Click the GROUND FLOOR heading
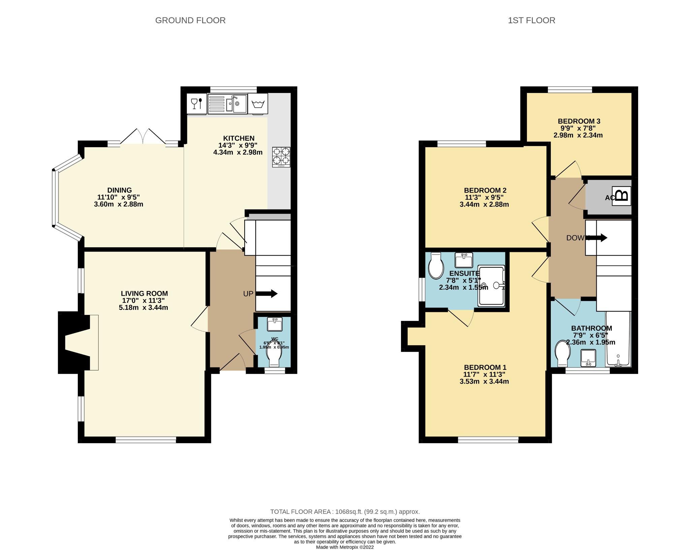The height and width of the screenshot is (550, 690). point(190,20)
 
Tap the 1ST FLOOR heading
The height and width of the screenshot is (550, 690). point(531,20)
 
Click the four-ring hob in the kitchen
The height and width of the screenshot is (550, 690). point(281,157)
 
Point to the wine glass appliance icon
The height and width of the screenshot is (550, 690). point(196,103)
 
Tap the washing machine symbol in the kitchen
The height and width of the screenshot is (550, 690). point(258,104)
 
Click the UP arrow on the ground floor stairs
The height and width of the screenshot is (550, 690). point(267,294)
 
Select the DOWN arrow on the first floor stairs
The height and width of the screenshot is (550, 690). point(598,238)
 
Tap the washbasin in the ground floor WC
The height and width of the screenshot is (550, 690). point(275,325)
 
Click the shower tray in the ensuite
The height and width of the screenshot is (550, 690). point(492,286)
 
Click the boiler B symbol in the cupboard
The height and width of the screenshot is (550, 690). point(622,196)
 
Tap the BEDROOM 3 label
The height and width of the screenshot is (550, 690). point(579,121)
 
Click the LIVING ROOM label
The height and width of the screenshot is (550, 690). point(144,293)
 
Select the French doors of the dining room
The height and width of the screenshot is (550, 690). point(143,137)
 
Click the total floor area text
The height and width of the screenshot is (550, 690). point(345,512)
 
